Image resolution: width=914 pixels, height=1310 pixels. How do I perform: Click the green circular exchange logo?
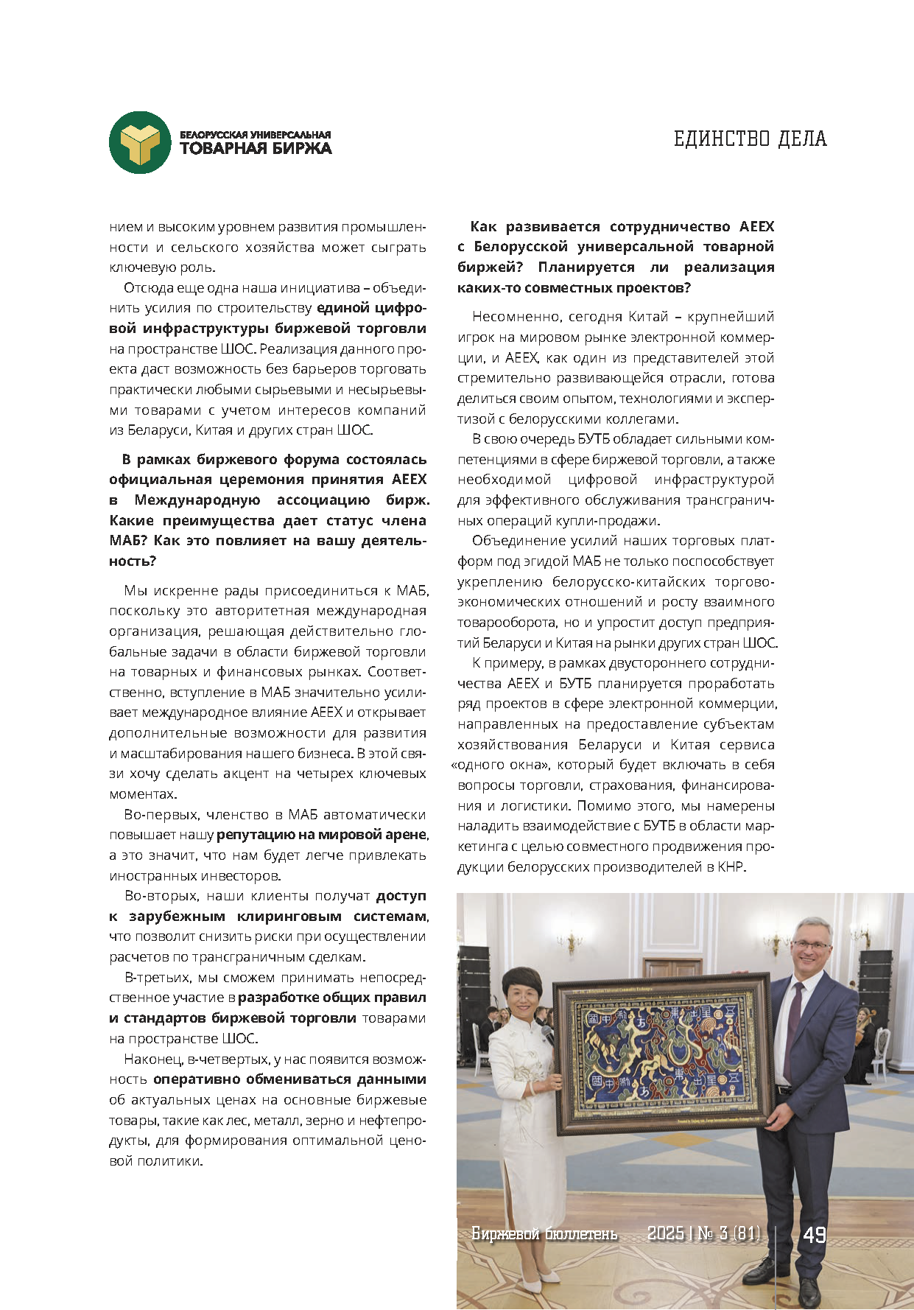click(x=140, y=142)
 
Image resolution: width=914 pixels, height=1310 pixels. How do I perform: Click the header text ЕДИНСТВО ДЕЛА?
click(x=750, y=139)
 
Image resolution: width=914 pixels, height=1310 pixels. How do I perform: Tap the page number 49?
click(x=814, y=1234)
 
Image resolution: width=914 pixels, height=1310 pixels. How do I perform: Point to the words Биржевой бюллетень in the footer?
click(x=544, y=1233)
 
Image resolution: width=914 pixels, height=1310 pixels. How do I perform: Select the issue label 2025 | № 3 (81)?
click(x=703, y=1233)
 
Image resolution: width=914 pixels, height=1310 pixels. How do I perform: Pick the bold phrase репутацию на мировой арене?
click(x=322, y=835)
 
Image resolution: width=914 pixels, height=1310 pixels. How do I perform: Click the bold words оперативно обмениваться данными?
click(x=289, y=1079)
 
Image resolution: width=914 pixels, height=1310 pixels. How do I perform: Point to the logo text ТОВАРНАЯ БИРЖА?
click(x=256, y=148)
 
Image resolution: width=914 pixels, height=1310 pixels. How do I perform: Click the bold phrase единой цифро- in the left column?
click(x=371, y=308)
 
